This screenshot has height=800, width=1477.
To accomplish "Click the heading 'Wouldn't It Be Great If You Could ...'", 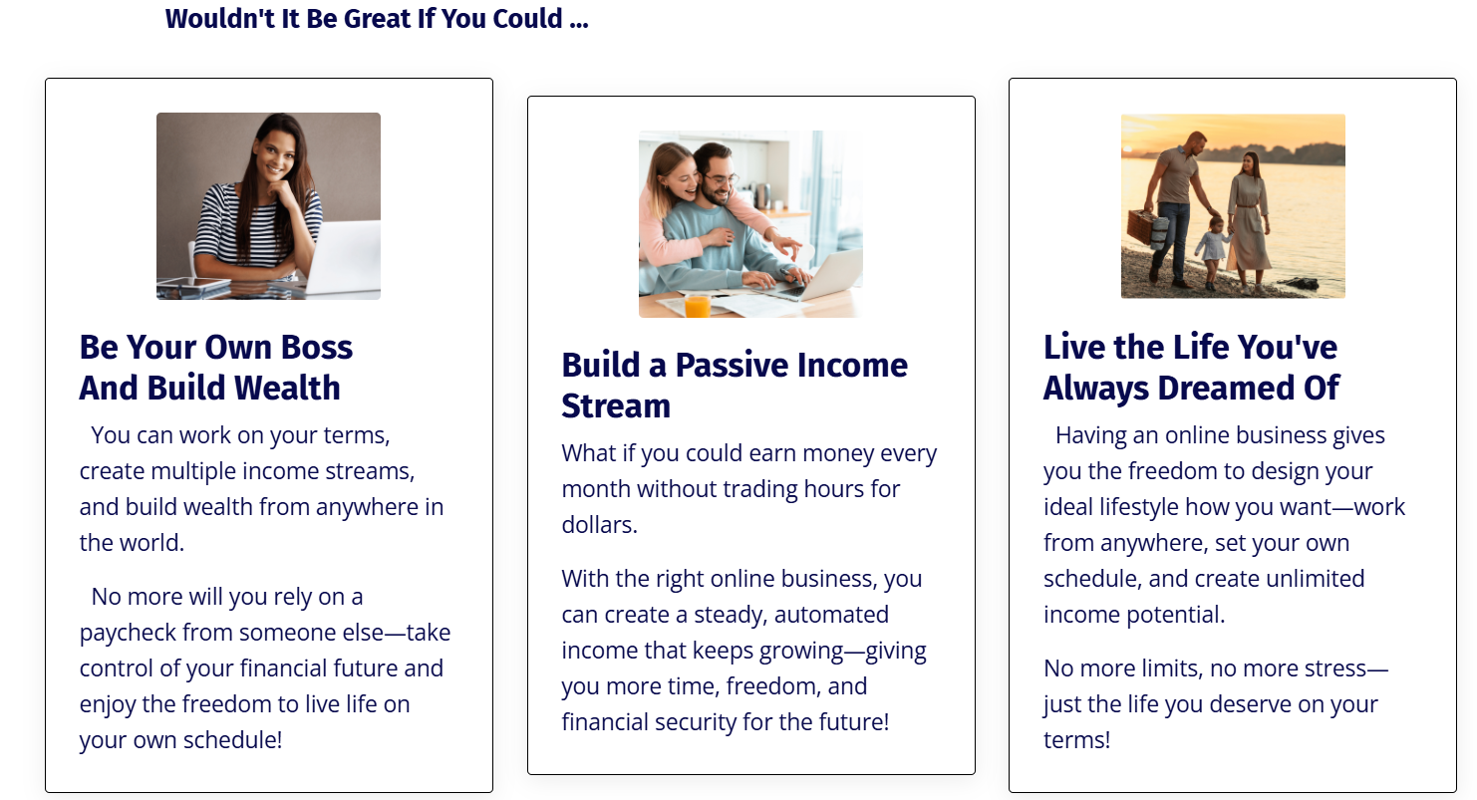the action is (377, 19).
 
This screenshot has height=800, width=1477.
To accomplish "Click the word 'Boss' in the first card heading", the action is (317, 347).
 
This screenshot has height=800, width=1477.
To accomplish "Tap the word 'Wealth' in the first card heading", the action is (287, 388).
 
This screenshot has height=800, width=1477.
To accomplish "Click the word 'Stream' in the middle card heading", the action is (616, 405).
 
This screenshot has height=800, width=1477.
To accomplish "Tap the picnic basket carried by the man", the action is (1145, 228).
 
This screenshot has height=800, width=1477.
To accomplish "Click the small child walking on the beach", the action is (1210, 254).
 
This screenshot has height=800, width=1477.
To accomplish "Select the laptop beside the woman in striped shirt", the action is (344, 257).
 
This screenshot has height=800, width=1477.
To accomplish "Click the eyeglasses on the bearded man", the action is (721, 178).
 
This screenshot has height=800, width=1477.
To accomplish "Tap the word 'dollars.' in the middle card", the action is (599, 525).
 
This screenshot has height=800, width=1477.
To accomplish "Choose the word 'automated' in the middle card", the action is (831, 615).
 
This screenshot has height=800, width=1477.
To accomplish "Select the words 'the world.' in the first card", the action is (132, 543).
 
